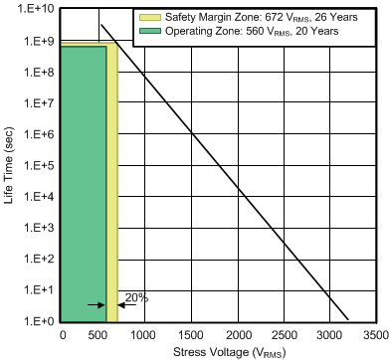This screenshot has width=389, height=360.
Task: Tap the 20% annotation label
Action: tap(136, 297)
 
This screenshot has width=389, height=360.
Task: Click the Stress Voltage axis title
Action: tap(218, 351)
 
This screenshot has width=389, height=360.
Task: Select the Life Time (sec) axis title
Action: tap(9, 164)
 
